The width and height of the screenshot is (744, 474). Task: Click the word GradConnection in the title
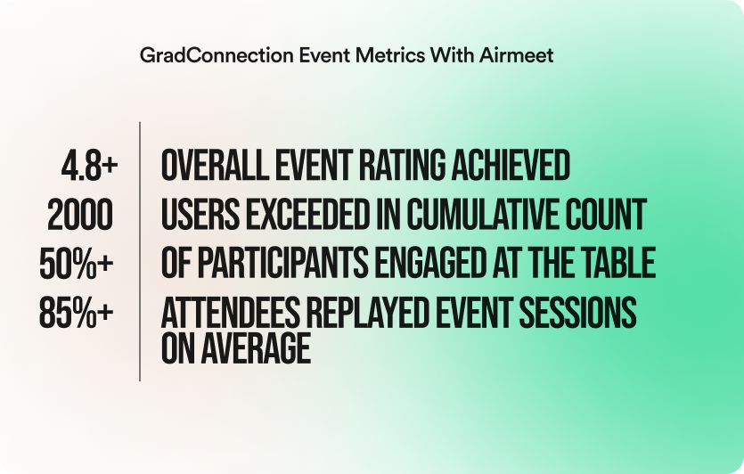click(x=217, y=55)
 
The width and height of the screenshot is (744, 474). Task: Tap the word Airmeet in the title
click(x=516, y=55)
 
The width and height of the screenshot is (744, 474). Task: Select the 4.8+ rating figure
click(x=89, y=166)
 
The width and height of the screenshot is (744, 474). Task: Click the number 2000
click(x=80, y=215)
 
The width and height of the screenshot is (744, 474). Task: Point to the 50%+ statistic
click(x=77, y=264)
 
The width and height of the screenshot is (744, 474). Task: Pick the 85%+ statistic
click(x=77, y=313)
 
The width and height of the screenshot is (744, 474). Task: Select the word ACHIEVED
click(x=511, y=166)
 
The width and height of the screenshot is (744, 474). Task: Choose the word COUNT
click(x=606, y=215)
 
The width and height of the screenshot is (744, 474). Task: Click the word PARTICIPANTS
click(x=282, y=264)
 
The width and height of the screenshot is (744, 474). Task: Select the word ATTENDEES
click(x=231, y=313)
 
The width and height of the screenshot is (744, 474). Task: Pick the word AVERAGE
click(x=256, y=348)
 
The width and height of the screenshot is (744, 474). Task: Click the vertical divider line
click(x=140, y=251)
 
